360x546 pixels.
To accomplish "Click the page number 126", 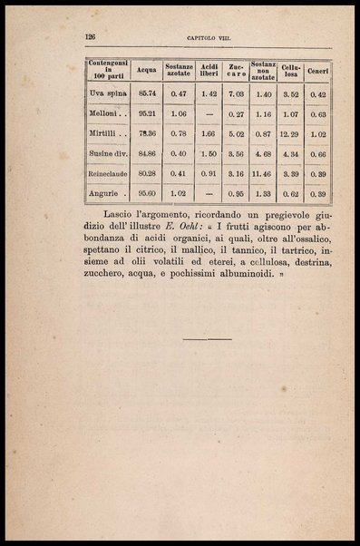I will tap(90, 36).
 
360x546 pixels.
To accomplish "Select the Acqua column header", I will tap(146, 70).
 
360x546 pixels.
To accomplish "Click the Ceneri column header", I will tap(316, 70).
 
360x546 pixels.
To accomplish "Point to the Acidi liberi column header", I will tap(209, 70).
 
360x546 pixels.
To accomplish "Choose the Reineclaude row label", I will tap(109, 172).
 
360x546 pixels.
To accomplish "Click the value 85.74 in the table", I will tap(146, 93).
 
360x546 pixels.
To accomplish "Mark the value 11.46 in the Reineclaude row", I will tap(263, 172).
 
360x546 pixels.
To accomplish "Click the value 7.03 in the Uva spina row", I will tap(236, 93).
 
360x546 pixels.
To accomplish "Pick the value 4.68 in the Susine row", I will tap(263, 153).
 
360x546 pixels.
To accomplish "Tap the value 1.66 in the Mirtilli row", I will tap(209, 133).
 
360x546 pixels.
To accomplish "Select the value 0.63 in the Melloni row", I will tap(316, 113).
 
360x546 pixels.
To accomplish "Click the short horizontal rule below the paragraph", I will tap(208, 338).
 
